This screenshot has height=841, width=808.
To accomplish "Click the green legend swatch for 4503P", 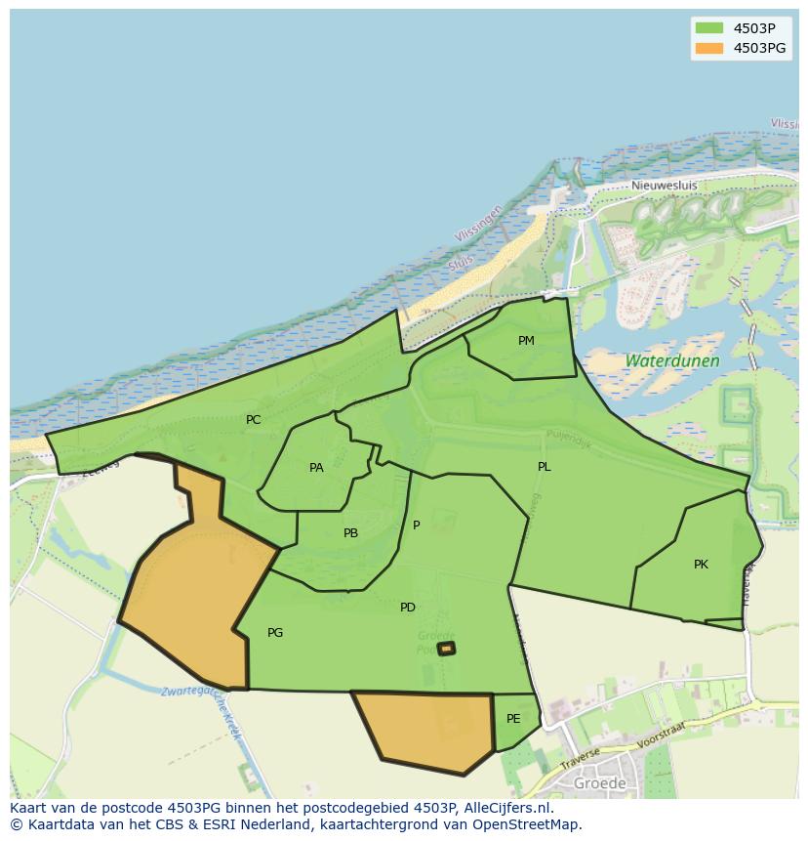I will pos(708,28).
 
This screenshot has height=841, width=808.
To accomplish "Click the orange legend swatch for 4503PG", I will pos(708,48).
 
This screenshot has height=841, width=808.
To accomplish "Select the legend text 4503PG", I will pos(759,48).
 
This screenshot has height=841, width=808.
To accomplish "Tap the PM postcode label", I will pos(526,341).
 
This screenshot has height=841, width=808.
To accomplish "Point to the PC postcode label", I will pos(253,420).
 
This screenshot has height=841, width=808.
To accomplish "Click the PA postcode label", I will pos(316,468).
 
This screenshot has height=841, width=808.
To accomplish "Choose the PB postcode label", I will pos(350,533).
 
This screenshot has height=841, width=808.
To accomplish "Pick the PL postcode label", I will pos(544,467).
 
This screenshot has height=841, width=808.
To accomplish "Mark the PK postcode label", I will pos(701,565).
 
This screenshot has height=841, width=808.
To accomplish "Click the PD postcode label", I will pos(408,608).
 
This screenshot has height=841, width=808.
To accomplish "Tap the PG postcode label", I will pos(275,633).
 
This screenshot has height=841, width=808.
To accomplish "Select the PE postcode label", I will pos(513,719).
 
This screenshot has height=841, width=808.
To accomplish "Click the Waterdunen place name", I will pos(671,360).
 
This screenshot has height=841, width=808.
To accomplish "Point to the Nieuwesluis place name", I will pos(665,186).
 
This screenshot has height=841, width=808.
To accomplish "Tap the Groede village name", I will pos(599,783).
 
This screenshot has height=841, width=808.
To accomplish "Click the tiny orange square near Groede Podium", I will pos(446,648).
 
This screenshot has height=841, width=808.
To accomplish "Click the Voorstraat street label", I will pos(663,734).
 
